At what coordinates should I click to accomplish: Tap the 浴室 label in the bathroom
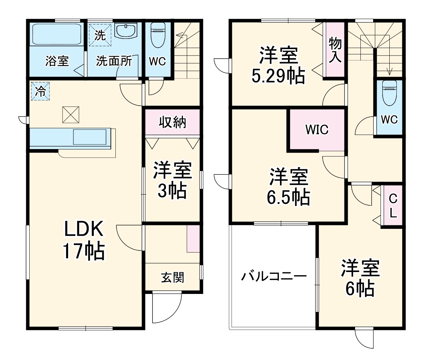(x=57, y=61)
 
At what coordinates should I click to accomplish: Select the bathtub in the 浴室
(x=57, y=34)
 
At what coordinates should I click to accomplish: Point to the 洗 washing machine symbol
(x=100, y=35)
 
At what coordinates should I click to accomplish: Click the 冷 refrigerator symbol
(x=40, y=92)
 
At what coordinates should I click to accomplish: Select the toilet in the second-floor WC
(x=389, y=93)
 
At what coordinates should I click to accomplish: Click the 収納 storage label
(x=172, y=122)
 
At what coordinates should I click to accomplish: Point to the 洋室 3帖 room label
(x=172, y=181)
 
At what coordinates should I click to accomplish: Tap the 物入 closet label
(x=335, y=50)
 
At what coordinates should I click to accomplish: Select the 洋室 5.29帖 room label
(x=278, y=65)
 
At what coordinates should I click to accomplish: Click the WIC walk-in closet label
(x=317, y=130)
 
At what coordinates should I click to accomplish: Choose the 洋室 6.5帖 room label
(x=288, y=187)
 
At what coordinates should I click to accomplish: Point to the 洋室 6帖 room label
(x=360, y=278)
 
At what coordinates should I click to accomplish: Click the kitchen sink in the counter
(x=90, y=137)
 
